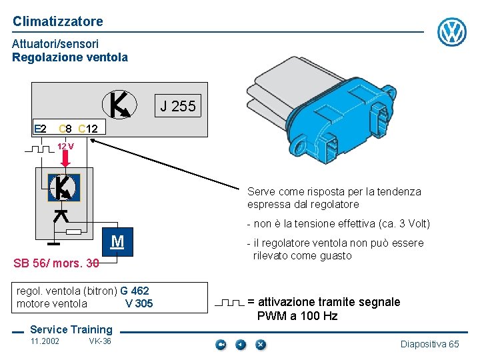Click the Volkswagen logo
coord(452,32)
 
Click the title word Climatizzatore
coord(58,21)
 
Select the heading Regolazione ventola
coord(70,57)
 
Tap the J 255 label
coord(178,106)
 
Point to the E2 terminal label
coord(40,128)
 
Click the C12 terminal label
coord(88,128)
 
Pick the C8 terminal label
coord(65,128)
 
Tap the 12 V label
coord(65,146)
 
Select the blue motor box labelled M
coord(117,241)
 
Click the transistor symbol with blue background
coord(64,187)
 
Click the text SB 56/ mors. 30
coord(56,263)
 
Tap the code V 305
coord(139,304)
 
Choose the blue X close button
coord(261,345)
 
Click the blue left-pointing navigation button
coord(241,345)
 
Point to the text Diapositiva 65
coord(430,344)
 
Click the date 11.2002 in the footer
coord(45,341)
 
